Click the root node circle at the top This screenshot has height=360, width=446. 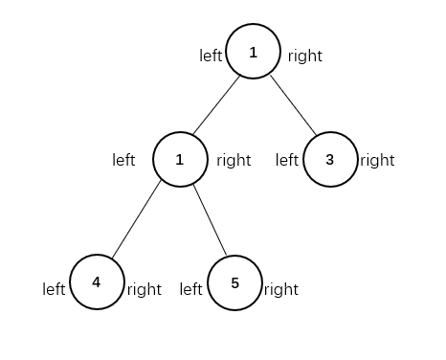coord(253,53)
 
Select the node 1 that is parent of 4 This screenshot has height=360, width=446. coord(180,159)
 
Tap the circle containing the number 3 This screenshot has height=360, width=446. coord(330,159)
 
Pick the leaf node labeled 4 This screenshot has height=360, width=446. coord(97,282)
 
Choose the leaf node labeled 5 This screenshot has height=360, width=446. coord(234,284)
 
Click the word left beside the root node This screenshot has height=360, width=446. coord(211,56)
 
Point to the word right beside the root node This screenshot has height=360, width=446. coord(305,56)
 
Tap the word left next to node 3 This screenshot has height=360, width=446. coord(288,160)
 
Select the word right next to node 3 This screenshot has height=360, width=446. coord(377,160)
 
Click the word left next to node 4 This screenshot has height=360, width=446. coord(55,287)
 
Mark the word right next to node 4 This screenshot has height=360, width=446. coord(145,287)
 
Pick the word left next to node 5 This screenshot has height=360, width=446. coord(192,287)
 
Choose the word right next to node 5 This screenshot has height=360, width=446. coord(282,287)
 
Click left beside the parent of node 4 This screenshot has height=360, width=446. coord(123,160)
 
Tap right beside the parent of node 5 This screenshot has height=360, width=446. coord(234,160)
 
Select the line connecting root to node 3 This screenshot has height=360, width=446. coord(291,105)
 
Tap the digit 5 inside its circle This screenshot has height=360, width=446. coord(234,284)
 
